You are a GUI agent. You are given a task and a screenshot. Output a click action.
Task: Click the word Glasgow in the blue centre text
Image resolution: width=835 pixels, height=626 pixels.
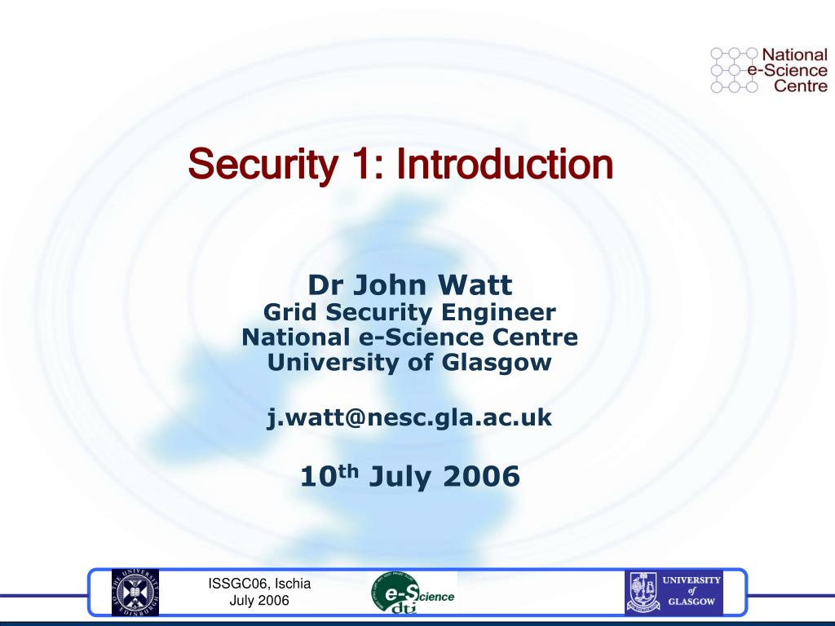(x=497, y=363)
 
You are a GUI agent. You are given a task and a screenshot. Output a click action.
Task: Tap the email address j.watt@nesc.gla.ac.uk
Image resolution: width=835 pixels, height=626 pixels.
(x=409, y=417)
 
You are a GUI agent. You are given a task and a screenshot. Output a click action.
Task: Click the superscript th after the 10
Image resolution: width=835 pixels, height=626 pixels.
(x=348, y=471)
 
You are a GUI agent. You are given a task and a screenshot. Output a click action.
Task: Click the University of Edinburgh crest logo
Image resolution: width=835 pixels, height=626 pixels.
(x=135, y=593)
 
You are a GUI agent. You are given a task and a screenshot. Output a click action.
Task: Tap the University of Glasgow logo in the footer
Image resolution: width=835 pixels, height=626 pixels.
(x=674, y=593)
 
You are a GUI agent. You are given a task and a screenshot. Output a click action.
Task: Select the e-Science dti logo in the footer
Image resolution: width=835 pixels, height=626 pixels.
(x=413, y=593)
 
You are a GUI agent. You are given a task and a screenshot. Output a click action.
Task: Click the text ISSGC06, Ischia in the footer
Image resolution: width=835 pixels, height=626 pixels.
(x=259, y=584)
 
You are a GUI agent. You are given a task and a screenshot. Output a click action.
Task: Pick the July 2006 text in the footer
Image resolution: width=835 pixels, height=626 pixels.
(x=259, y=601)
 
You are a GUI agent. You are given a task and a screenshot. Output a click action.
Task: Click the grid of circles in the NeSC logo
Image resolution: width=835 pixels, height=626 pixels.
(x=735, y=70)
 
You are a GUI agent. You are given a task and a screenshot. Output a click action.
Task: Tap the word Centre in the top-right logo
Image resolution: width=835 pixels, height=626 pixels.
(x=801, y=86)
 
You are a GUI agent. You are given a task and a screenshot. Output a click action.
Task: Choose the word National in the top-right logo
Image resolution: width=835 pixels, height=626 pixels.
(x=794, y=55)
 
